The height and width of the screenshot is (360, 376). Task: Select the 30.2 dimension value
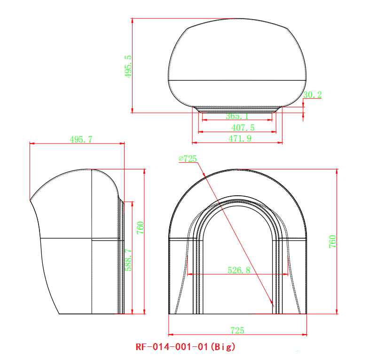pyautogui.click(x=313, y=95)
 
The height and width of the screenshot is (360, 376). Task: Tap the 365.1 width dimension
pyautogui.click(x=237, y=116)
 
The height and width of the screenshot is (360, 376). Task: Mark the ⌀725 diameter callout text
pyautogui.click(x=188, y=159)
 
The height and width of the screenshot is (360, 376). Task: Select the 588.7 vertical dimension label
pyautogui.click(x=128, y=258)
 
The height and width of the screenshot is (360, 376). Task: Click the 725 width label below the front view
pyautogui.click(x=237, y=331)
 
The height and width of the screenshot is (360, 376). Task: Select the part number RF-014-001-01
pyautogui.click(x=172, y=347)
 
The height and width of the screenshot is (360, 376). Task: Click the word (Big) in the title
pyautogui.click(x=222, y=347)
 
